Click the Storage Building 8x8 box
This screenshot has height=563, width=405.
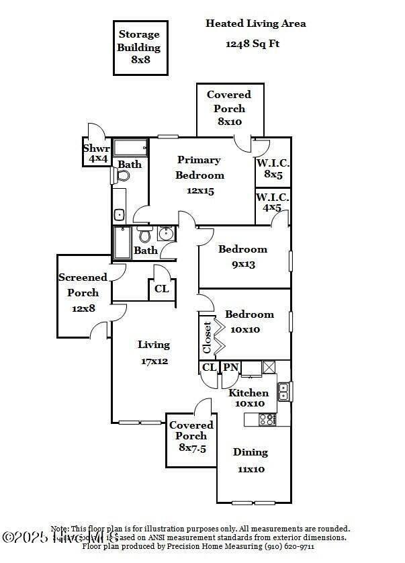(139, 47)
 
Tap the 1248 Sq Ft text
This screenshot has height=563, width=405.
(252, 44)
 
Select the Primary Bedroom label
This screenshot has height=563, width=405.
(199, 175)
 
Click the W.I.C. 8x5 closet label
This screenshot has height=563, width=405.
(273, 168)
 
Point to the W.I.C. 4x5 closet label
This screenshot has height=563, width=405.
(273, 202)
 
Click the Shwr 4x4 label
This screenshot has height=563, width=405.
(96, 154)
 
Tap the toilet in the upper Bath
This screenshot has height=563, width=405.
(123, 176)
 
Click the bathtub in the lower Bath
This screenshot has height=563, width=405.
(122, 243)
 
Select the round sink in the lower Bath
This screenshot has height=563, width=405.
(166, 234)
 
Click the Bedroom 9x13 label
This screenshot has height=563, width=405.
(242, 256)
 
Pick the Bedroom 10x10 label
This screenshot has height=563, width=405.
(249, 321)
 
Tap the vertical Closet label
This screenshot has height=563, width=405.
(208, 337)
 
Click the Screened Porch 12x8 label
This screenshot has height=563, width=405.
(83, 292)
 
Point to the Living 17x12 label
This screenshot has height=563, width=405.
(154, 352)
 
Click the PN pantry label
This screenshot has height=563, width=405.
(230, 367)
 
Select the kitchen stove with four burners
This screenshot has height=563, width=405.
(267, 419)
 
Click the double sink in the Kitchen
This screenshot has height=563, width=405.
(284, 390)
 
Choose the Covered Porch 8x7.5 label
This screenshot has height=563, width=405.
(191, 435)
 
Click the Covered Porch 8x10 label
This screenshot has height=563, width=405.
(229, 108)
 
